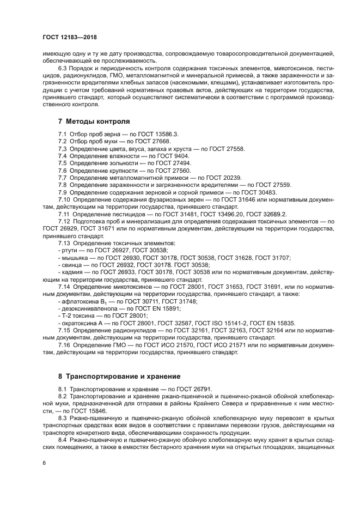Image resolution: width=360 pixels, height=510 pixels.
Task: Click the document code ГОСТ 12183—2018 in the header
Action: click(73, 37)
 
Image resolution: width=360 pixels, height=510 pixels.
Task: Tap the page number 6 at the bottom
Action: click(44, 463)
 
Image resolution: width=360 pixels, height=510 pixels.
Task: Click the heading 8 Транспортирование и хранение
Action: click(120, 376)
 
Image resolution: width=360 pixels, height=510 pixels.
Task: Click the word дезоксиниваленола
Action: click(89, 308)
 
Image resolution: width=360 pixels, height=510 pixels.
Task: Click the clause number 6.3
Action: click(63, 68)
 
